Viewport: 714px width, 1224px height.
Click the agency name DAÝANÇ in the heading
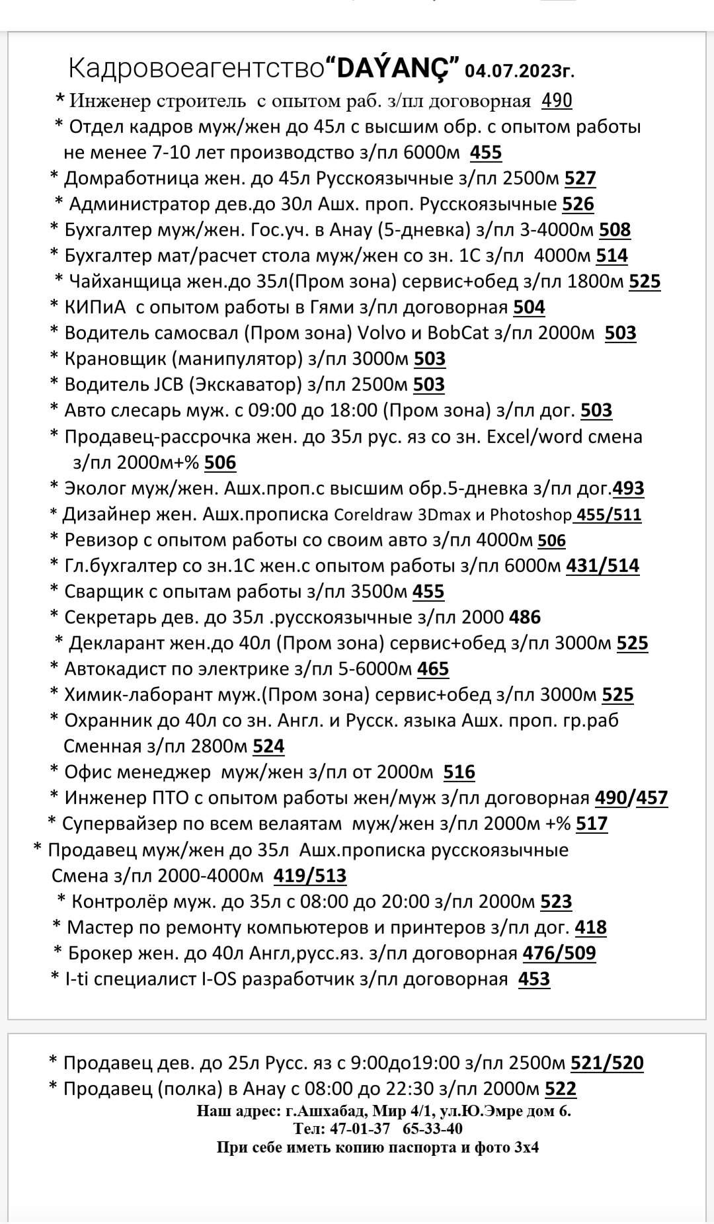pos(394,67)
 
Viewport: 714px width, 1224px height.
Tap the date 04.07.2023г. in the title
pos(524,70)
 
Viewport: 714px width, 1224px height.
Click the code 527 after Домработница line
pos(580,179)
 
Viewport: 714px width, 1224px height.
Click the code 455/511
pos(608,514)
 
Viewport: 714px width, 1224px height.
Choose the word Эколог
pos(95,489)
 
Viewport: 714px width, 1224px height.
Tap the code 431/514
pos(602,566)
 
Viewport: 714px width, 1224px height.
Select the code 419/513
pos(309,876)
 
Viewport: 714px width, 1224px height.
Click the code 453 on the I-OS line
pos(534,979)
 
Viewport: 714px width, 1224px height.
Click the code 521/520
pos(606,1063)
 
